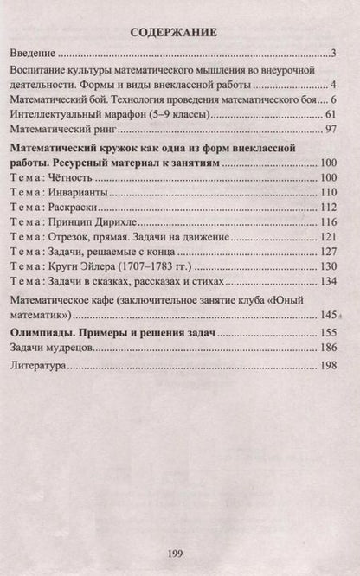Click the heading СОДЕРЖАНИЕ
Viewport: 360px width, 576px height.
pos(180,33)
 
